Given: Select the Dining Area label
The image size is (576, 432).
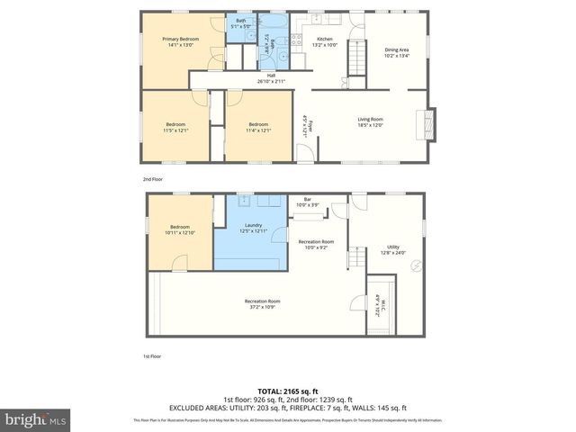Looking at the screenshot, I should [x=397, y=52].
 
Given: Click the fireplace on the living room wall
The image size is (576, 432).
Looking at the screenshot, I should [x=430, y=122].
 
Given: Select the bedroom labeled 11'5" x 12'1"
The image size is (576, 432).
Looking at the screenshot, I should [x=175, y=127].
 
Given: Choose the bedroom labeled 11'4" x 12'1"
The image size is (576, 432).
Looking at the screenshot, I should [x=258, y=127].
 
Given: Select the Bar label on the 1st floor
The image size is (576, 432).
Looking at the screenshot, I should [x=307, y=202].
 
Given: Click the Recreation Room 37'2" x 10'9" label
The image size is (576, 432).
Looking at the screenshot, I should [x=262, y=303].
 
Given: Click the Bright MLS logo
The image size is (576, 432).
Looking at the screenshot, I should [x=36, y=419].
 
